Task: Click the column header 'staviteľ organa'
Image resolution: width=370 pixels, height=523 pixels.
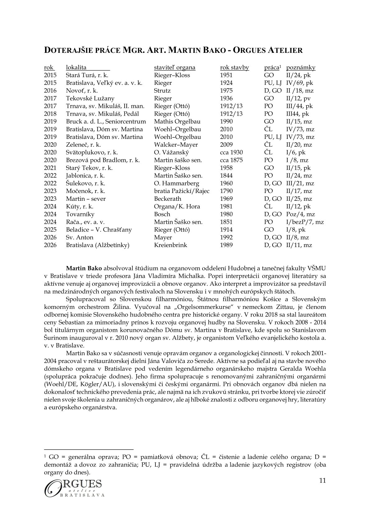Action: pyautogui.click(x=175, y=67)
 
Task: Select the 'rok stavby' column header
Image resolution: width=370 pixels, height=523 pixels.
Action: pyautogui.click(x=234, y=67)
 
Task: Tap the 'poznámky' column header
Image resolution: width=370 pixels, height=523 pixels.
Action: pyautogui.click(x=301, y=67)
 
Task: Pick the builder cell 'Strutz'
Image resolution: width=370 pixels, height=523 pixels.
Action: pyautogui.click(x=162, y=91)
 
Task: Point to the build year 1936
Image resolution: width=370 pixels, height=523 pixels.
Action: pyautogui.click(x=226, y=99)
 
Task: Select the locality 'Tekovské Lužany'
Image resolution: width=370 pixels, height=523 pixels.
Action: pyautogui.click(x=90, y=99)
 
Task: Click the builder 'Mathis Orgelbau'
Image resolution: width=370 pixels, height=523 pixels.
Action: pyautogui.click(x=177, y=122)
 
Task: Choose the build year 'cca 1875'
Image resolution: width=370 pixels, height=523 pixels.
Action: pyautogui.click(x=231, y=160)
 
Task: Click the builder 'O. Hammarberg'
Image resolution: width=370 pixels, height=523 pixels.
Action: pyautogui.click(x=177, y=183)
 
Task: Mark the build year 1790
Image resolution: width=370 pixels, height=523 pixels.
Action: pyautogui.click(x=226, y=191)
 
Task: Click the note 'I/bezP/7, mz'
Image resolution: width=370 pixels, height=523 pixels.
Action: pyautogui.click(x=305, y=222)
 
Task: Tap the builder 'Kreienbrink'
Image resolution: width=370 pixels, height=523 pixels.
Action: pyautogui.click(x=171, y=245)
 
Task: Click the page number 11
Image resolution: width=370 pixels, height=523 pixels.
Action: pyautogui.click(x=322, y=481)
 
